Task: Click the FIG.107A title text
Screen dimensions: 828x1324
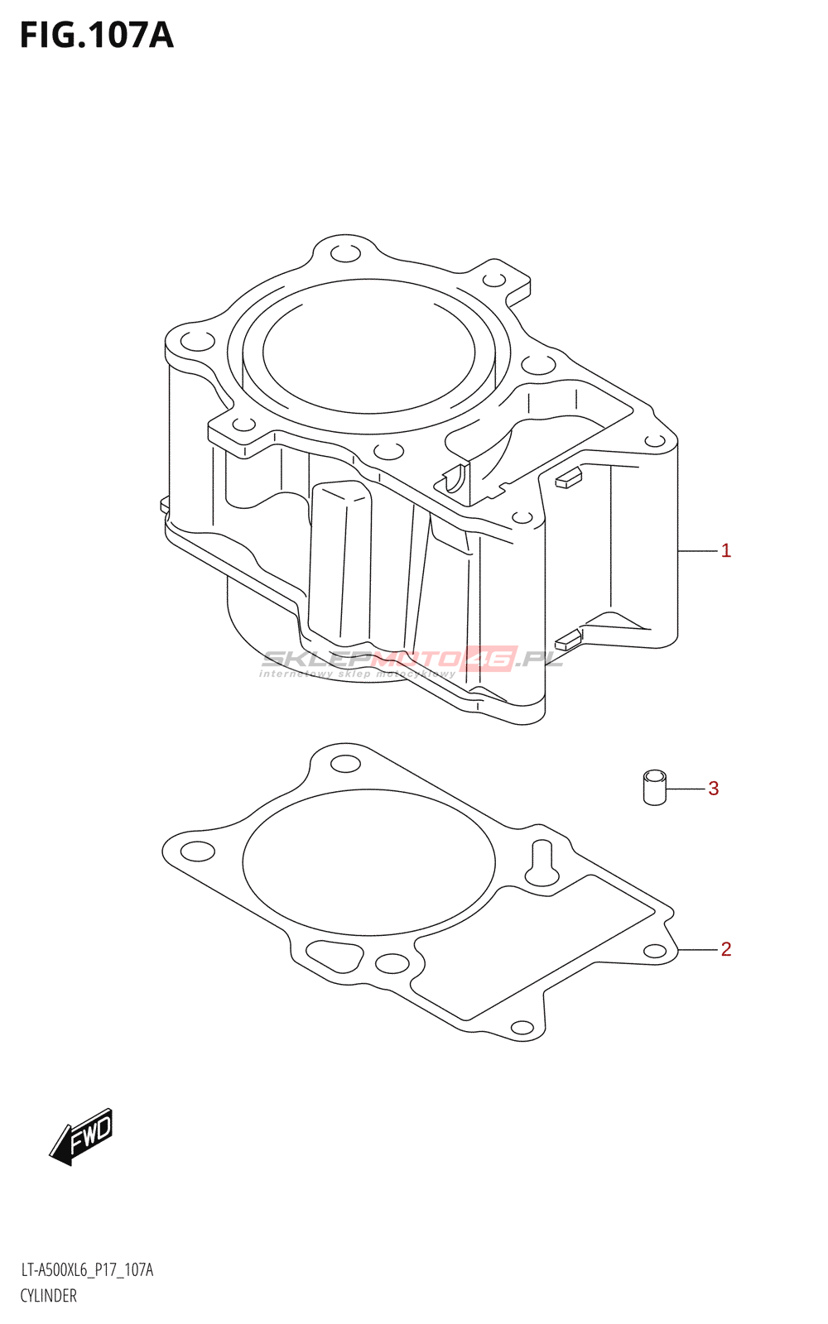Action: coord(97,36)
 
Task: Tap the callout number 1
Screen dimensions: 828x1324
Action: coord(725,551)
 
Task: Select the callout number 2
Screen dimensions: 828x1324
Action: coord(725,949)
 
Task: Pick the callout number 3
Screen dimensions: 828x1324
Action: coord(713,789)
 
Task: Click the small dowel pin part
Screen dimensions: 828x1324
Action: coord(654,788)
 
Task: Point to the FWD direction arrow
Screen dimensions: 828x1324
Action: coord(81,1136)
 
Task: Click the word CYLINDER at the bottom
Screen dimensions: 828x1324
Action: coord(49,1296)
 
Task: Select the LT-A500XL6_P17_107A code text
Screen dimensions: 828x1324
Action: coord(87,1270)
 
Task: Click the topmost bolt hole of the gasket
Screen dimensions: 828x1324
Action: coord(345,763)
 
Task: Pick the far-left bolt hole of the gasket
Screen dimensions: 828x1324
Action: coord(197,851)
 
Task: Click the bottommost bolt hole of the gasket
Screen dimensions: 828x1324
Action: coord(522,1028)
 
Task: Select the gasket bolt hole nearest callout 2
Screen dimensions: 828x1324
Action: coord(655,952)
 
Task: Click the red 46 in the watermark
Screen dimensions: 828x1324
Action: coord(490,659)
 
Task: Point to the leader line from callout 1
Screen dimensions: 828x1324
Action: coord(697,550)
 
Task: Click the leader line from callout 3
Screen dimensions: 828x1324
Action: coord(685,789)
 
